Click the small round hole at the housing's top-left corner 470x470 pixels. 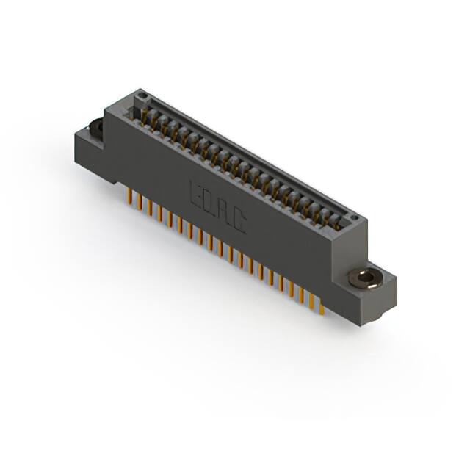pyautogui.click(x=140, y=96)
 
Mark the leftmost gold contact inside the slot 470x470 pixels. pyautogui.click(x=145, y=114)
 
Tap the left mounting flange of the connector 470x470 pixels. pyautogui.click(x=92, y=140)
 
